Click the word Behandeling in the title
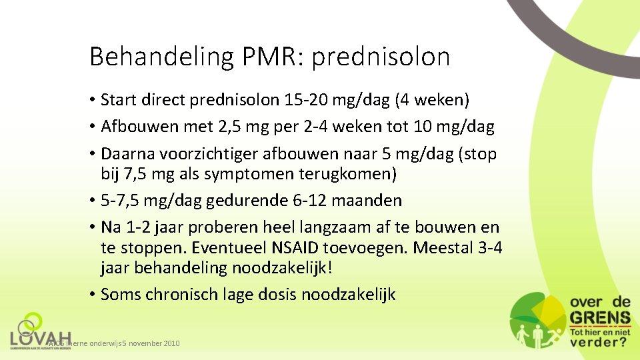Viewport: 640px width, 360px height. (x=161, y=57)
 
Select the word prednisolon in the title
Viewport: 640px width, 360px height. (x=381, y=57)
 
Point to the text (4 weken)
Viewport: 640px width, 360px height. (x=432, y=100)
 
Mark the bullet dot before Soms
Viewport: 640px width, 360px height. (x=92, y=295)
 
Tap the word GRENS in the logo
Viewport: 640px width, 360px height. (x=599, y=318)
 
